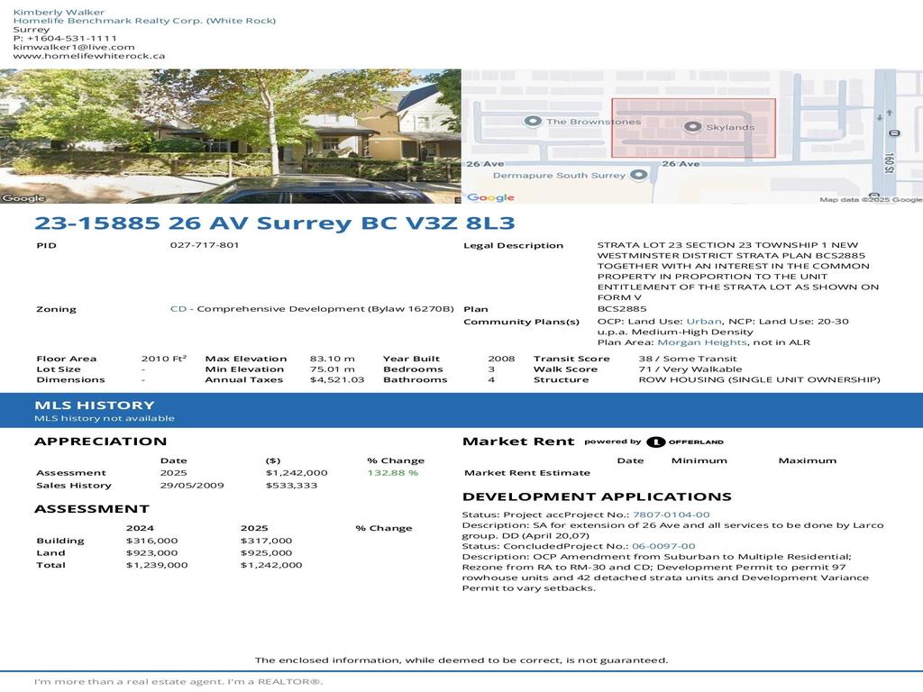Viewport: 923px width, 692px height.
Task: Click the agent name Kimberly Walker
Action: point(59,12)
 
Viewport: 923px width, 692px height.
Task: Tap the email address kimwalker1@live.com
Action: point(74,47)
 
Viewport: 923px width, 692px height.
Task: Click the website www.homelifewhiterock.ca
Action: point(89,56)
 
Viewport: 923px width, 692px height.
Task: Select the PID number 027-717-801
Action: point(205,245)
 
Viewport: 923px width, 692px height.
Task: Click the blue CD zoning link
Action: point(178,309)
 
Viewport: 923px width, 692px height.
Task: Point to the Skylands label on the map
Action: point(729,127)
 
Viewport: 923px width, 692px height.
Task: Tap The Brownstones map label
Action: point(593,122)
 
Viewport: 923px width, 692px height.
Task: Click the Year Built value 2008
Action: point(501,359)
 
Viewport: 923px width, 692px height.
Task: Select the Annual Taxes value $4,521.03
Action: point(337,379)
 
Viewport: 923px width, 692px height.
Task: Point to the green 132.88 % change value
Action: point(392,472)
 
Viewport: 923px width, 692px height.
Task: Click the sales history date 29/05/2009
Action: point(192,486)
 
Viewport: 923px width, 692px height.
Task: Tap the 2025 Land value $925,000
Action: point(266,552)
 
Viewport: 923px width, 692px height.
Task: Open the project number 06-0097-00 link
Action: point(663,546)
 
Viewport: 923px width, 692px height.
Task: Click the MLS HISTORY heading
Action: point(94,405)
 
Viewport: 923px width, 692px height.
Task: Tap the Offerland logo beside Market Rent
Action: point(685,442)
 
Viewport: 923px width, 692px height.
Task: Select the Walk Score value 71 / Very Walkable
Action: point(690,369)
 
